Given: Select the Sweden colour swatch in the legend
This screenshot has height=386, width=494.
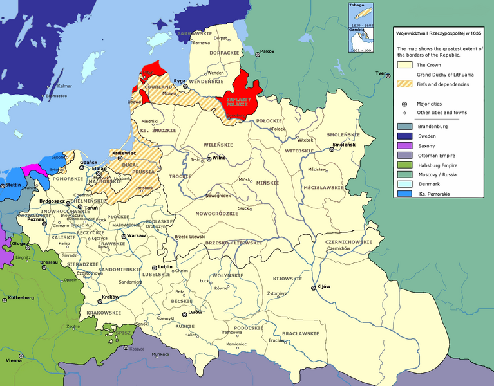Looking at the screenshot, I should click(404, 136).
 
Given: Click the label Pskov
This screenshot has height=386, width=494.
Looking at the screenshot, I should click(267, 51).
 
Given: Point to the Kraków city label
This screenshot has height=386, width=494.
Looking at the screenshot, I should click(110, 296).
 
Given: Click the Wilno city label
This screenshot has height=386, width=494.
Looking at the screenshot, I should click(220, 157).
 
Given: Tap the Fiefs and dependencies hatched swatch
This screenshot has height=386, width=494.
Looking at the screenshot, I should click(404, 84).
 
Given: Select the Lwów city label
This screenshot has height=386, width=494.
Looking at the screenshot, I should click(196, 313).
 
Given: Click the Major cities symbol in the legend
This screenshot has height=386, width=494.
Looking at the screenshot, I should click(404, 103).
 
